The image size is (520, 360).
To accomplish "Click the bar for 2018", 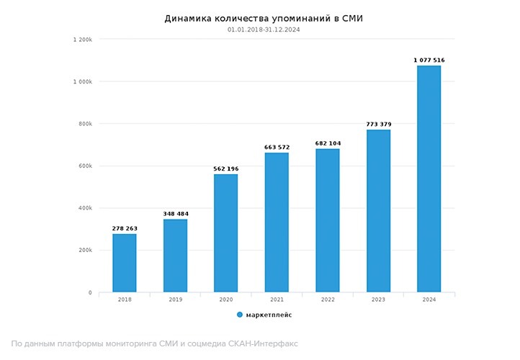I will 125,263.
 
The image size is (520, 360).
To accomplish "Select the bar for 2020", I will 225,233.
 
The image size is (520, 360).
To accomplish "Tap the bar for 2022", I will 328,220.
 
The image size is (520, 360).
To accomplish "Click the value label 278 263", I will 125,228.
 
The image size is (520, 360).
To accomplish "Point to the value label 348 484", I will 175,214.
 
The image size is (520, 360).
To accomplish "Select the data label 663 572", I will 277,147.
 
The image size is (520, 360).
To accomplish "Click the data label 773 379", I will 378,124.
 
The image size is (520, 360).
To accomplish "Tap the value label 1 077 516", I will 429,60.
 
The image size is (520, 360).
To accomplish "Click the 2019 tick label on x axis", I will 175,300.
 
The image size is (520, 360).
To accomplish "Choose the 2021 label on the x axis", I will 277,300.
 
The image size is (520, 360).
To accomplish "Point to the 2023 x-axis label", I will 378,300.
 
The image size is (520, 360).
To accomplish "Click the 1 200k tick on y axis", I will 82,40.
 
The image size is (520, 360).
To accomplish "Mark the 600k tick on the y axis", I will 85,166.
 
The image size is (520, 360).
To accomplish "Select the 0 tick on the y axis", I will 90,293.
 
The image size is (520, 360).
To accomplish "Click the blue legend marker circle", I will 240,315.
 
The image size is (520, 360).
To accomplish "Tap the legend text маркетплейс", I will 269,315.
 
